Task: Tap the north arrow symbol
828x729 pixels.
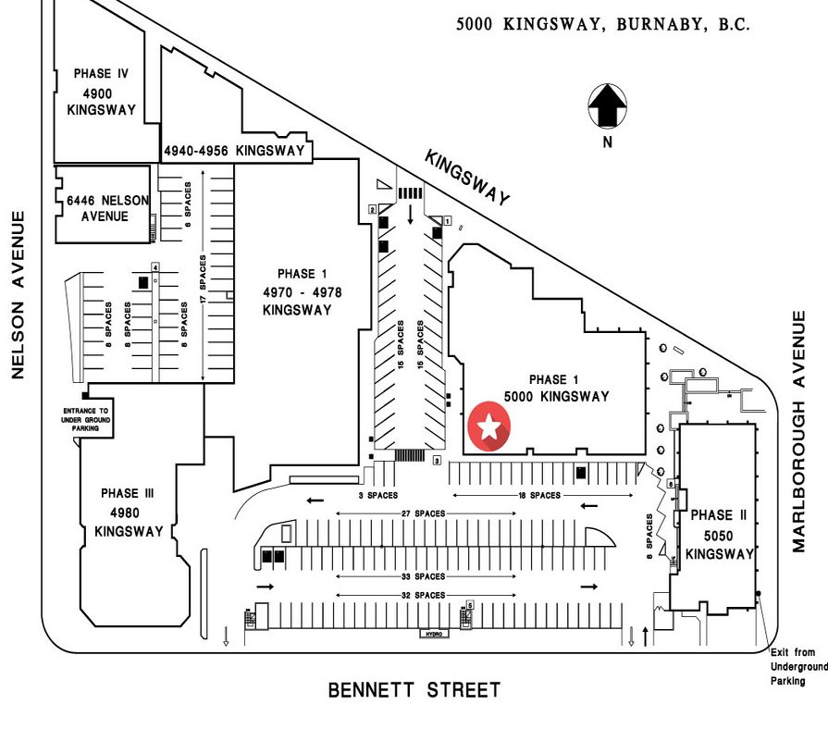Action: point(607,106)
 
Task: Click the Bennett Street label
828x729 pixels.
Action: point(414,690)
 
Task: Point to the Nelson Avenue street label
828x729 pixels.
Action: point(18,294)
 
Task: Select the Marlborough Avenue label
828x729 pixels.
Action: point(799,431)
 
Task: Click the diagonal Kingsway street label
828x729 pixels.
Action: point(467,178)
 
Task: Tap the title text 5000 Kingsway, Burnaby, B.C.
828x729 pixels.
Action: point(602,25)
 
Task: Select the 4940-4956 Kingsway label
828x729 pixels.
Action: point(234,151)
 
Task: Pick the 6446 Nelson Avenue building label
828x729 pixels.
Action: point(98,207)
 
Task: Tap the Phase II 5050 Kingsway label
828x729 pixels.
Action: point(719,534)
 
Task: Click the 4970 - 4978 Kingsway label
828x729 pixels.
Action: point(296,292)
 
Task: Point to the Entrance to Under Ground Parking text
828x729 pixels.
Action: point(85,419)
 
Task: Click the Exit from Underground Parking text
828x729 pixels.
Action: point(797,666)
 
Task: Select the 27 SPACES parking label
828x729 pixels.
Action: point(424,513)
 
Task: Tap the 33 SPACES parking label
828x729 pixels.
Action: point(424,576)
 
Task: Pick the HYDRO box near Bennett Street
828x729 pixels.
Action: point(433,635)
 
